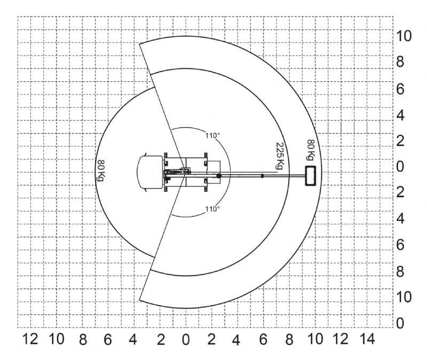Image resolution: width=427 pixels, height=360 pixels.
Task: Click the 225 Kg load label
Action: pyautogui.click(x=280, y=155)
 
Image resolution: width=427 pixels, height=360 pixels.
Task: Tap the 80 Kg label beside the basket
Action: pyautogui.click(x=311, y=150)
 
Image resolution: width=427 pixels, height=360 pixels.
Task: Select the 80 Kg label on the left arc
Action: pyautogui.click(x=101, y=170)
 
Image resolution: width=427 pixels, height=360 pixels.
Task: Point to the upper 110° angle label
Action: pyautogui.click(x=212, y=136)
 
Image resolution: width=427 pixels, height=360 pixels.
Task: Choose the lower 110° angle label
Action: pyautogui.click(x=212, y=209)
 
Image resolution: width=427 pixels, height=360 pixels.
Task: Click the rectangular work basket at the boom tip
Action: pyautogui.click(x=310, y=176)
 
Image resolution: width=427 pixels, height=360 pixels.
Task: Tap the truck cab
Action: pyautogui.click(x=150, y=172)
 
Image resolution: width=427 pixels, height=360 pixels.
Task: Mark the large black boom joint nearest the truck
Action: pyautogui.click(x=219, y=176)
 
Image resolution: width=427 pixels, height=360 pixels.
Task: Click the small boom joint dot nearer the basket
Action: pyautogui.click(x=262, y=176)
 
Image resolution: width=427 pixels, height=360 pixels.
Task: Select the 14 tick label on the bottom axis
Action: pyautogui.click(x=367, y=339)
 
